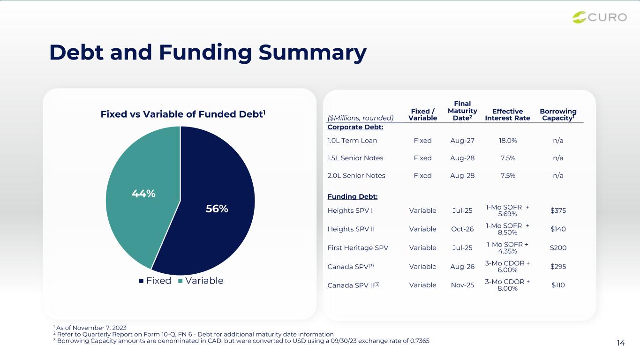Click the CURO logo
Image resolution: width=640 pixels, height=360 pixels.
[x=599, y=17]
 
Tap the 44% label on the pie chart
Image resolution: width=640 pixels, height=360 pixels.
[x=143, y=194]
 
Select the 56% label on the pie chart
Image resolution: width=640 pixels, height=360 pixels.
[x=217, y=209]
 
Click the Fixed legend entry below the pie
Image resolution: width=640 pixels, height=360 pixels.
[x=155, y=281]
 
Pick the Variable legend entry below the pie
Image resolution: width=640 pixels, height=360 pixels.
[x=201, y=281]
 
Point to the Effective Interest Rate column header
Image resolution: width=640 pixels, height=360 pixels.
[x=507, y=114]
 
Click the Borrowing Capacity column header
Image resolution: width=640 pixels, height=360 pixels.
[x=558, y=114]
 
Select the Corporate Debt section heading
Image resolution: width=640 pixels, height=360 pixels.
[x=355, y=127]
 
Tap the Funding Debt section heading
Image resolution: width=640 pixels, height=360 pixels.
[x=353, y=196]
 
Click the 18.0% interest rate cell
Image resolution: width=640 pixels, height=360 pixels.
[x=508, y=141]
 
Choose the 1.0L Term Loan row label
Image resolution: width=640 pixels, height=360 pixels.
[x=352, y=141]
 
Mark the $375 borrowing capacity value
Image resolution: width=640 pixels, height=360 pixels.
[x=558, y=210]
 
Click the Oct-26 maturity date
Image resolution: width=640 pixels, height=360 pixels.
[x=462, y=229]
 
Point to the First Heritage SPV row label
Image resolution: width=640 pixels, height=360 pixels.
[x=358, y=247]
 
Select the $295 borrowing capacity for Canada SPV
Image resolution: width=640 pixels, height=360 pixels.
[x=558, y=267]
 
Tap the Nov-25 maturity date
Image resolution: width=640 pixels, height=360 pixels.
[x=462, y=285]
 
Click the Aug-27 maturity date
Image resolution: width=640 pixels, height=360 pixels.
[x=462, y=141]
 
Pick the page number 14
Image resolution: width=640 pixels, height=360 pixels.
[x=621, y=343]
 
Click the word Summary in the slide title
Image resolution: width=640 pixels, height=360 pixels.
[x=313, y=53]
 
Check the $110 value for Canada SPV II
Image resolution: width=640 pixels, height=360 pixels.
[x=558, y=285]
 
